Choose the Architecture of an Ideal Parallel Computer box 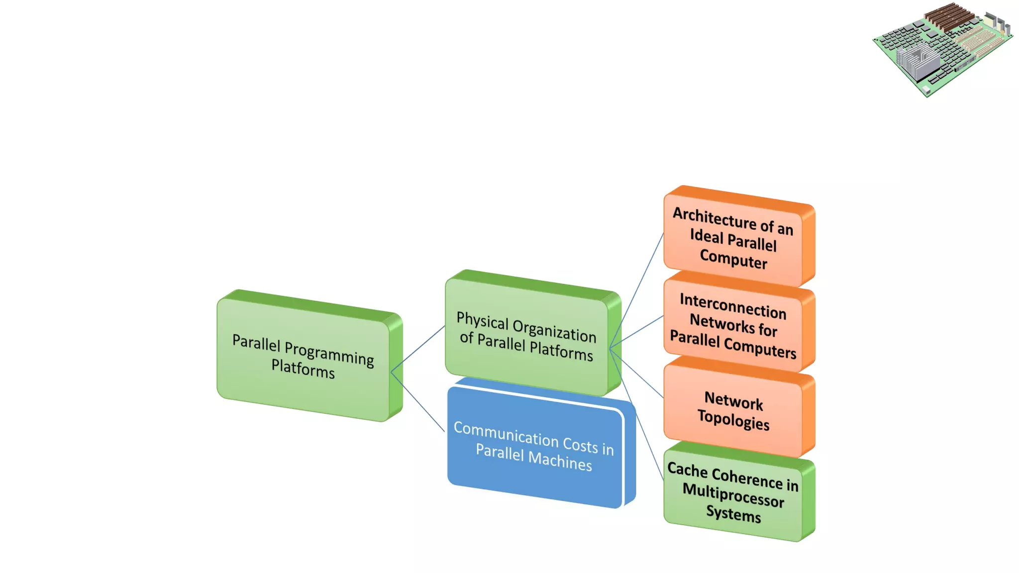click(733, 238)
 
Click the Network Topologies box click(733, 410)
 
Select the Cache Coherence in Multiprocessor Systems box click(733, 493)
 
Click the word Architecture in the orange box click(714, 217)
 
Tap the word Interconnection click(733, 306)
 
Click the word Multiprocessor click(733, 495)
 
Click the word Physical click(482, 321)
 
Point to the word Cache click(687, 470)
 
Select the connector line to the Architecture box click(642, 279)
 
